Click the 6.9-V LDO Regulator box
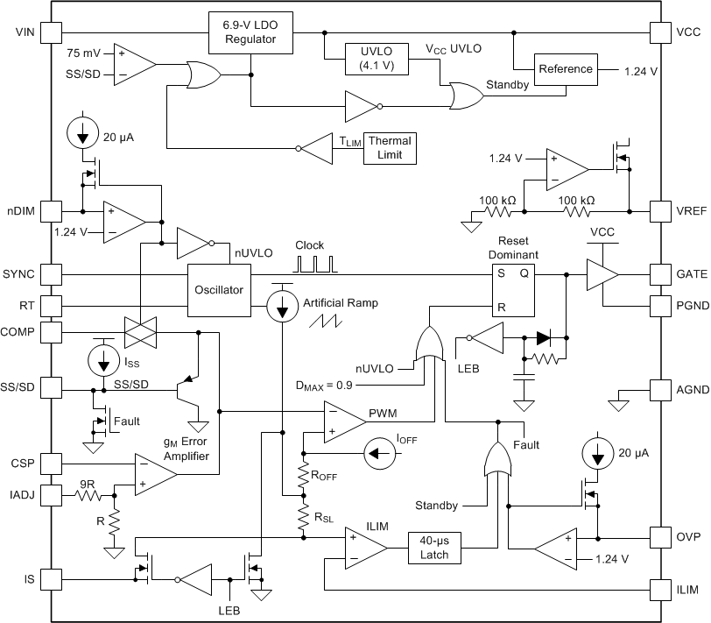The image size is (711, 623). [250, 32]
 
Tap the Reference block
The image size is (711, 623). [566, 69]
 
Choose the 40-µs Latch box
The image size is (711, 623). [435, 549]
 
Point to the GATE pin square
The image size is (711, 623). [661, 274]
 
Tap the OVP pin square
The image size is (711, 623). [661, 536]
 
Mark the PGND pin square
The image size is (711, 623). [661, 306]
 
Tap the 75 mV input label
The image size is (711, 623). [83, 53]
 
